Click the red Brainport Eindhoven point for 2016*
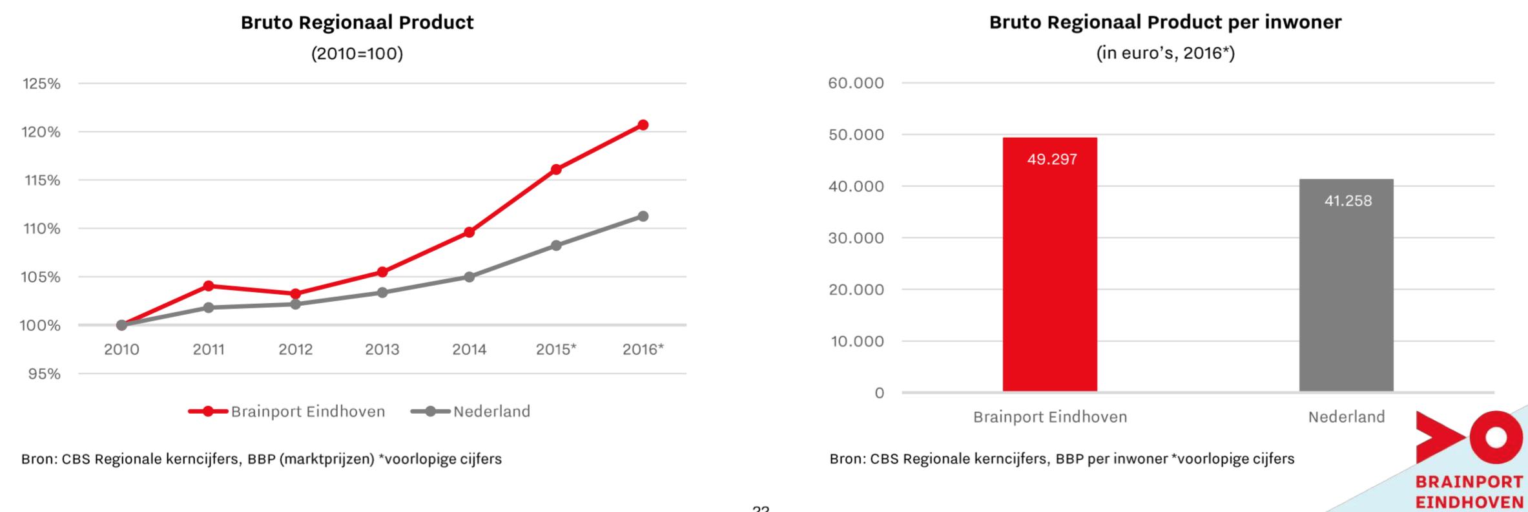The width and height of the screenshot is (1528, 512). click(643, 125)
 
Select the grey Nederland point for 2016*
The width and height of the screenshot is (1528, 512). click(643, 216)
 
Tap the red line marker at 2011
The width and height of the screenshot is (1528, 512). click(209, 286)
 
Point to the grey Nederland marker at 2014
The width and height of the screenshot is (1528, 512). click(470, 277)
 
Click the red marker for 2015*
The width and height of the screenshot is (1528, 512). click(556, 169)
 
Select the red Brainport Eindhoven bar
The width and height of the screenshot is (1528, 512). click(1049, 272)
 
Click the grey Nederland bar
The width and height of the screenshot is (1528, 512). click(1346, 291)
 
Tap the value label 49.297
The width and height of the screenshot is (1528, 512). click(1052, 159)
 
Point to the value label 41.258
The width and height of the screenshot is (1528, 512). click(1348, 201)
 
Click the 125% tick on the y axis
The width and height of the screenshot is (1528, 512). click(41, 83)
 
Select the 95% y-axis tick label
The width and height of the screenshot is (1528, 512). click(44, 374)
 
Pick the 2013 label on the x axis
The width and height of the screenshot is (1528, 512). click(382, 350)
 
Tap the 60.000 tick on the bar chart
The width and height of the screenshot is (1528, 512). click(856, 83)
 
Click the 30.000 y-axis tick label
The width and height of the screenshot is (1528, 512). click(856, 238)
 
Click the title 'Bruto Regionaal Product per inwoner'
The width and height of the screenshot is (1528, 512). click(1165, 23)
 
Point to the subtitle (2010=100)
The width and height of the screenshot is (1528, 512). click(357, 53)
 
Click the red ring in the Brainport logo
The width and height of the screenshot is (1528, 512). click(1496, 438)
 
